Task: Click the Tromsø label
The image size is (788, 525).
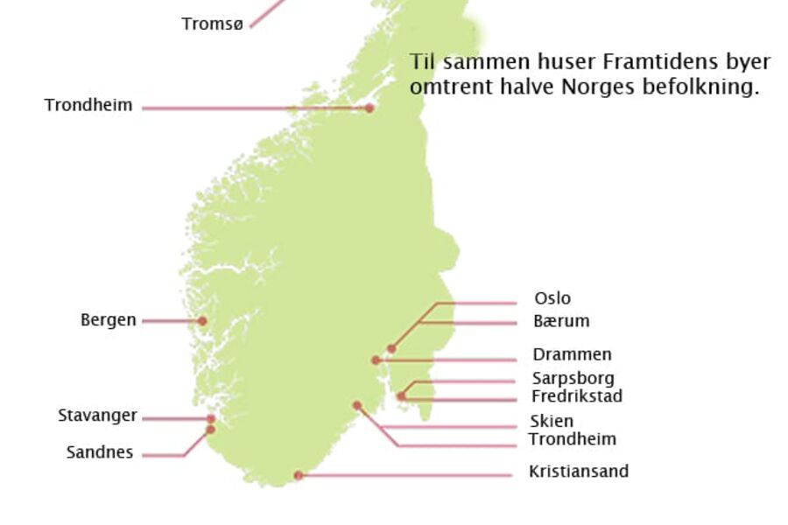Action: point(212,24)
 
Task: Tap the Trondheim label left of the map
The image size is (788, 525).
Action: point(88,106)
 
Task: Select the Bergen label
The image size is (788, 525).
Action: point(109,320)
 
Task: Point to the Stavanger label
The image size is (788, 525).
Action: point(97,416)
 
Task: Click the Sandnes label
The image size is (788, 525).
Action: point(100,452)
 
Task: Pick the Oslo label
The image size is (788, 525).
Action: point(552,298)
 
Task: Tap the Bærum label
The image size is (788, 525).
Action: point(561,321)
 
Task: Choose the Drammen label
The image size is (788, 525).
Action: point(572,354)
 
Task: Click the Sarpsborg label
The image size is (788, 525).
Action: point(573,378)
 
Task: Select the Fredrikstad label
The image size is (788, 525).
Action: point(577,396)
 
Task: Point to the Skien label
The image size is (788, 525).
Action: point(552,422)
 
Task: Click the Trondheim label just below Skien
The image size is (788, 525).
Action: point(573,439)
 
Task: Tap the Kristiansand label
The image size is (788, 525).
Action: point(579,472)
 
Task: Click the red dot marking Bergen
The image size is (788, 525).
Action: point(202,321)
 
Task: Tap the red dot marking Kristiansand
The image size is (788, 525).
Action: point(299,475)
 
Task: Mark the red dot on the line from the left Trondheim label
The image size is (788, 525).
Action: point(369,108)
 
